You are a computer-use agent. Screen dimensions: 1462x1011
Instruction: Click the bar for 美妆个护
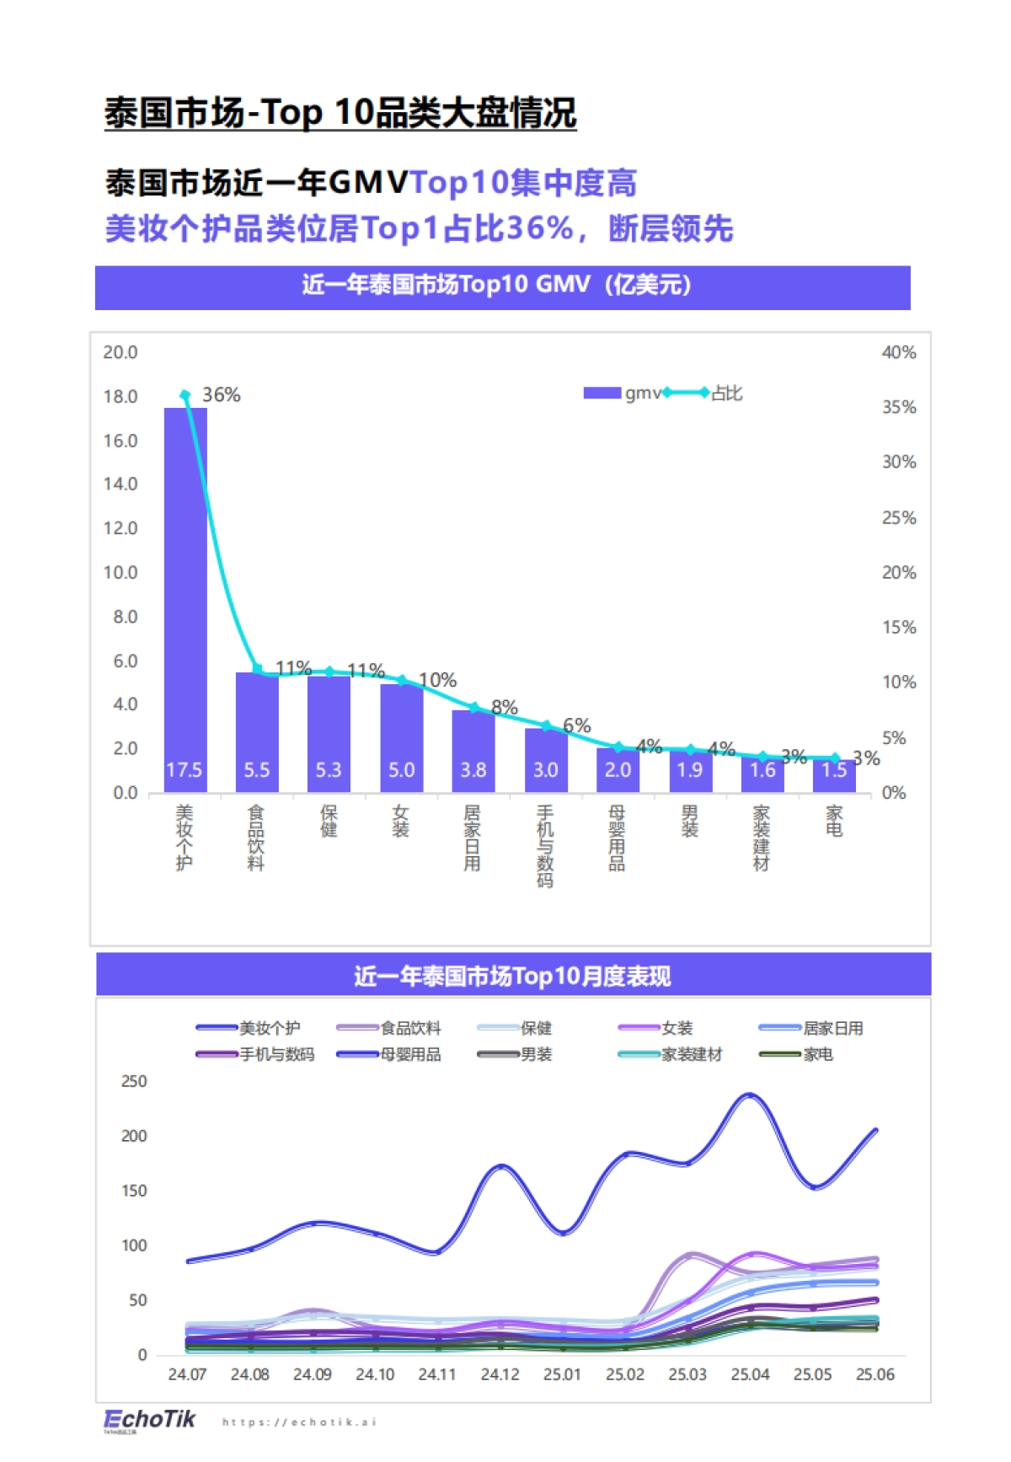point(185,590)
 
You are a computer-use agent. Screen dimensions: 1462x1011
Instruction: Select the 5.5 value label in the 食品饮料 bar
point(257,770)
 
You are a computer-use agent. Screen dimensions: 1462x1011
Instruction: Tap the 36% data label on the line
point(222,395)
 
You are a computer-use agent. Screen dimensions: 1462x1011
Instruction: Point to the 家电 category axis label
point(834,821)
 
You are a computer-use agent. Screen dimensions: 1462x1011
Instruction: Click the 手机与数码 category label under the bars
point(545,846)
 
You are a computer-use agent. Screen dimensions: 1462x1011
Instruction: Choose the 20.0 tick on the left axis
point(120,352)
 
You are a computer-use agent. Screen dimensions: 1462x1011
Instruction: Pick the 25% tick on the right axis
point(898,518)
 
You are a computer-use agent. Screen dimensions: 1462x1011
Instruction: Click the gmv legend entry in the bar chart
point(623,394)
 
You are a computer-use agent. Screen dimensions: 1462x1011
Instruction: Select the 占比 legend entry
point(725,394)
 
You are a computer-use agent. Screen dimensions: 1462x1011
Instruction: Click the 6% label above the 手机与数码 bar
point(577,726)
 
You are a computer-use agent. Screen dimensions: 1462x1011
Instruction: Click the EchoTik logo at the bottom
point(149,1420)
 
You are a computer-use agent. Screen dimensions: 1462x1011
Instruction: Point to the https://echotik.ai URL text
point(299,1422)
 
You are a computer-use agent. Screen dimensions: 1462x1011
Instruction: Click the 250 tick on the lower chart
point(133,1081)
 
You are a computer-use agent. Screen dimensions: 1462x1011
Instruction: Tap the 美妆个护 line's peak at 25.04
point(750,1095)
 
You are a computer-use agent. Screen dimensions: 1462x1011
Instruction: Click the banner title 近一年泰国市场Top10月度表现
point(512,976)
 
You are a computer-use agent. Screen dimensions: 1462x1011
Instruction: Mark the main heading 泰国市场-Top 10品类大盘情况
point(340,113)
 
